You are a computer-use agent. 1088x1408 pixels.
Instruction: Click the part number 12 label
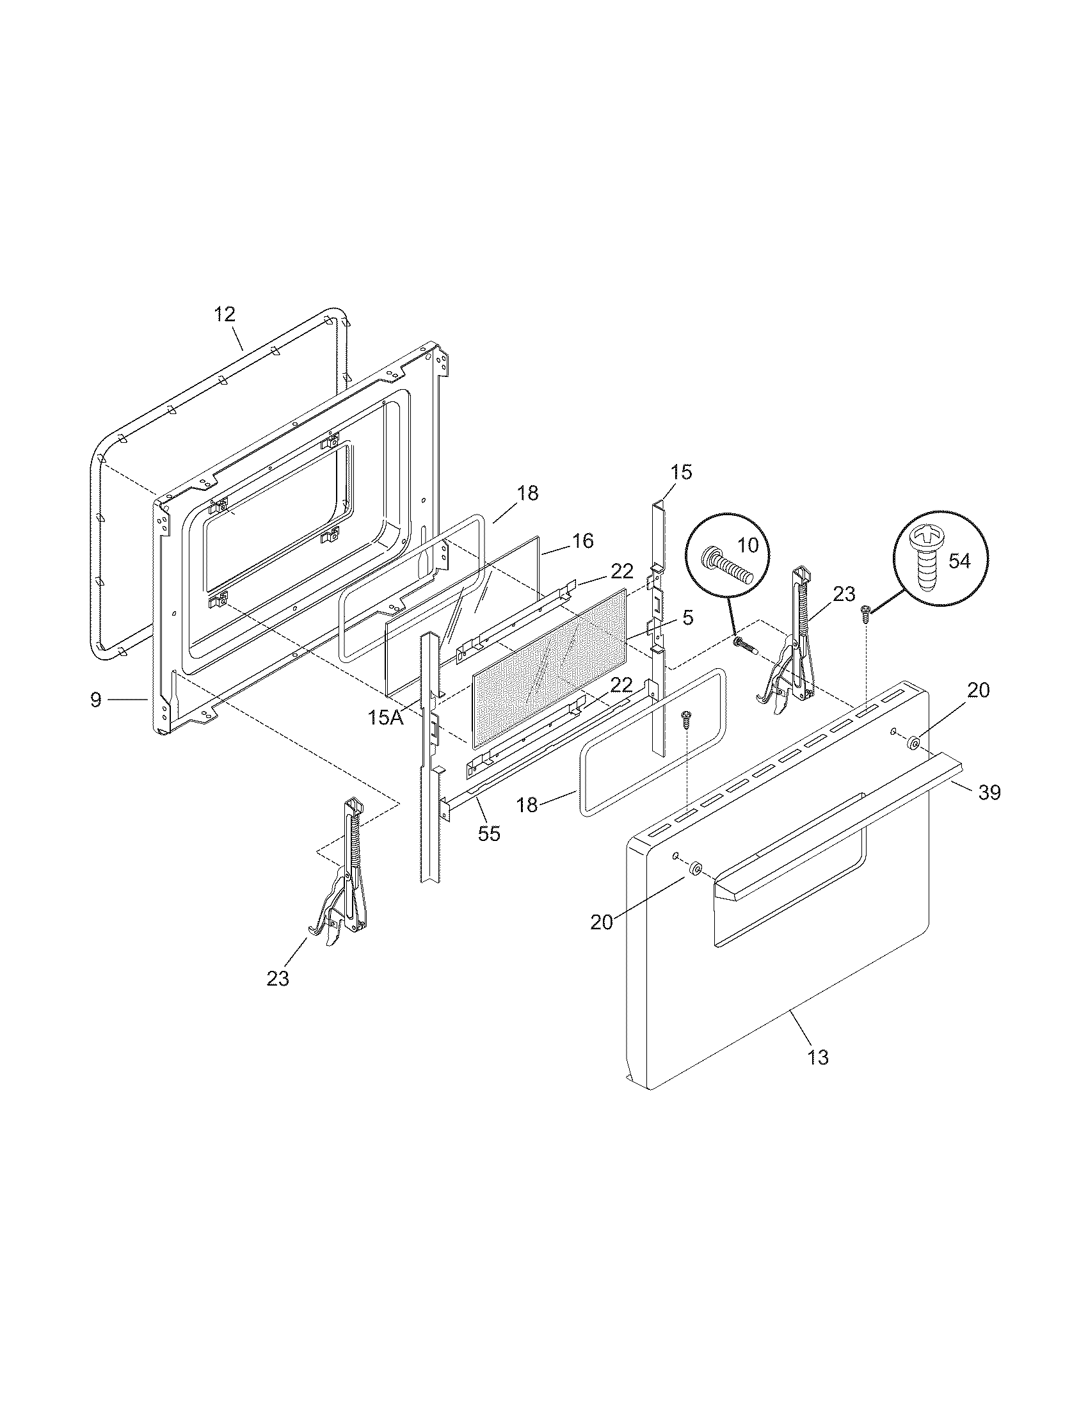pyautogui.click(x=225, y=315)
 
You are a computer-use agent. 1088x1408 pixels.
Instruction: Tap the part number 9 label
pyautogui.click(x=96, y=700)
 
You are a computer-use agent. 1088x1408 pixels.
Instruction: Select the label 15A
pyautogui.click(x=385, y=717)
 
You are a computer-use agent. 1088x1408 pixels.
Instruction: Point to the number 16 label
pyautogui.click(x=582, y=541)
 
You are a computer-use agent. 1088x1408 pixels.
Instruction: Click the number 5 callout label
pyautogui.click(x=688, y=618)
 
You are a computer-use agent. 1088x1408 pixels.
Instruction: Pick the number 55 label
pyautogui.click(x=488, y=833)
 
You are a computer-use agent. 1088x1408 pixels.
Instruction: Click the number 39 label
pyautogui.click(x=989, y=792)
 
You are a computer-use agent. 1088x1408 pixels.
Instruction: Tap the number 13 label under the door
pyautogui.click(x=817, y=1057)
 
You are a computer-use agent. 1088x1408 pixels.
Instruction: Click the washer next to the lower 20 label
pyautogui.click(x=696, y=869)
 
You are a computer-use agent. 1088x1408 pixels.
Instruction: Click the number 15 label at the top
pyautogui.click(x=681, y=472)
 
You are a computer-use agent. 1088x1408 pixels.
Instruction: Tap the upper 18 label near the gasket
pyautogui.click(x=527, y=493)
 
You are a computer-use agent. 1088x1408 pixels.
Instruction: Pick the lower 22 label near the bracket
pyautogui.click(x=621, y=684)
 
